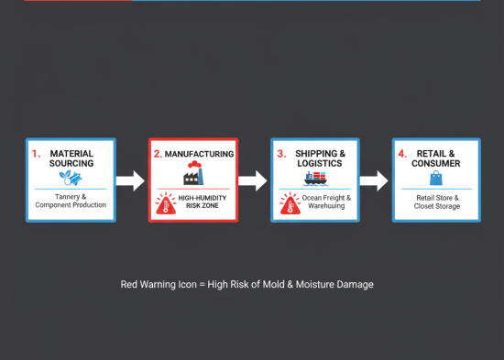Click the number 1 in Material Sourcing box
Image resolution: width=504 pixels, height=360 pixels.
coord(36,154)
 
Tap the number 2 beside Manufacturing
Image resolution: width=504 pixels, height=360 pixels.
coord(157,154)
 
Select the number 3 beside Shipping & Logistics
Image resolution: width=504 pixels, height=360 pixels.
coord(280,154)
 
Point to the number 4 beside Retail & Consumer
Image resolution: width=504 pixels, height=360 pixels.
coord(402,154)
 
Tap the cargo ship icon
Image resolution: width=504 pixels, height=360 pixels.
coord(315,180)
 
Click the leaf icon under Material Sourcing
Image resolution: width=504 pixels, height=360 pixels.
coord(71,179)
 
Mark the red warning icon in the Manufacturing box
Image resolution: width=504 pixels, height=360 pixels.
coord(167,202)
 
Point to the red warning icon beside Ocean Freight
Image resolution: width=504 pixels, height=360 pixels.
coord(288,203)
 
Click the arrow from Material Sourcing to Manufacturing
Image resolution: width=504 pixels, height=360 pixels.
coord(131,180)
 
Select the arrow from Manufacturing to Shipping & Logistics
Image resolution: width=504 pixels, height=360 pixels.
coord(254,180)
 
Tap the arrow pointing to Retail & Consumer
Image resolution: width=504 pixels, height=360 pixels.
coord(374,180)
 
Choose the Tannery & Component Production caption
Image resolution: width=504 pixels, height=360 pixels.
coord(71,200)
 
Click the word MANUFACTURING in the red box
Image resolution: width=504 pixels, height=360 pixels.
coord(200,154)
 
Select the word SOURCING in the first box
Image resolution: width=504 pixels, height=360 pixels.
coord(72,164)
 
